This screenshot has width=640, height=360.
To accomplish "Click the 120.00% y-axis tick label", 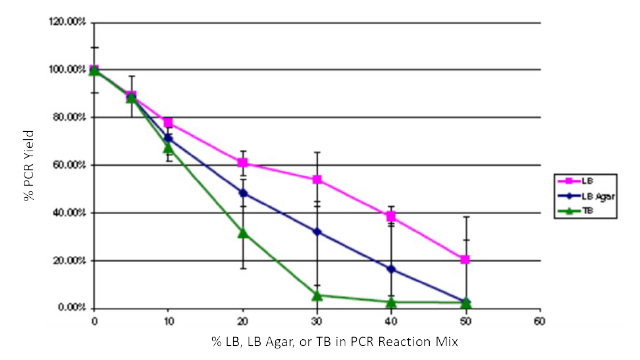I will (x=66, y=22).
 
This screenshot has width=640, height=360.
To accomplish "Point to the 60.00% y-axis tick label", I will (x=68, y=165).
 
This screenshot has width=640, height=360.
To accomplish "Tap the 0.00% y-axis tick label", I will (x=70, y=308).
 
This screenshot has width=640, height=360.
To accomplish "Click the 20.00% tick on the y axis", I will (x=68, y=260).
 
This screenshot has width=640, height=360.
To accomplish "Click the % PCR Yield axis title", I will (x=29, y=165).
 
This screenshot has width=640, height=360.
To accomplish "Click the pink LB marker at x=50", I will (x=466, y=259).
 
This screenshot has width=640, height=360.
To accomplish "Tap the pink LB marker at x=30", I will (x=317, y=180).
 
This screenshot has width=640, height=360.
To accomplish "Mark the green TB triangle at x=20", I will (x=243, y=232).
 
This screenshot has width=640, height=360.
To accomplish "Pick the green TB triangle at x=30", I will (x=317, y=295).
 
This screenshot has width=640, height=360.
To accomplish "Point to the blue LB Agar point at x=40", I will (x=392, y=269).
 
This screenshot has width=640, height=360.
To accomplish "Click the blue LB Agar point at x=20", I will (x=243, y=193).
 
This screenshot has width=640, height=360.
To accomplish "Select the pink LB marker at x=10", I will (x=168, y=122).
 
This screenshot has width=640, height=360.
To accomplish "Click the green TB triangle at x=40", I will (x=392, y=301).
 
